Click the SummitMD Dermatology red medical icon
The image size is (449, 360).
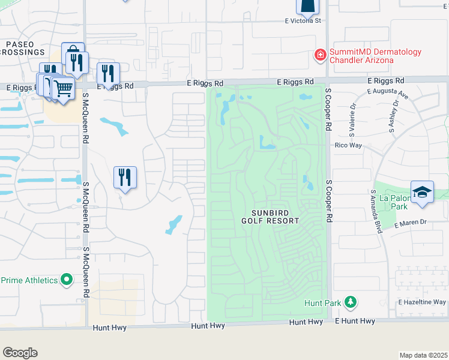coord(320,56)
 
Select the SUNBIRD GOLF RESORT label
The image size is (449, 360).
coord(275,217)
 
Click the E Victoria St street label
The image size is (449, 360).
coord(304,20)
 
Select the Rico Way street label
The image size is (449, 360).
coord(345,145)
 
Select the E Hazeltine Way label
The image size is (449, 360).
coord(424,302)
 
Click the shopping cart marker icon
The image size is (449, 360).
coord(62,88)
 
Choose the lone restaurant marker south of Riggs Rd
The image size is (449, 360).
coord(125,177)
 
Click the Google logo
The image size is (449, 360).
coord(20,353)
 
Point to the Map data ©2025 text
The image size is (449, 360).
coord(423,355)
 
